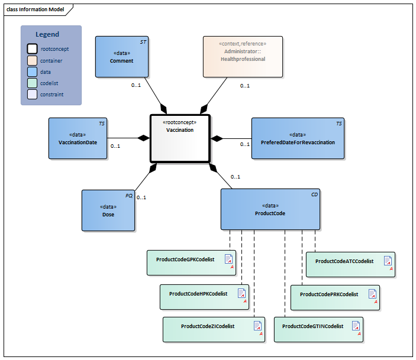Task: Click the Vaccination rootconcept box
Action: click(x=180, y=138)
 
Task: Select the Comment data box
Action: click(x=122, y=56)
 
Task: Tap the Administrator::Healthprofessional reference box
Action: click(x=243, y=56)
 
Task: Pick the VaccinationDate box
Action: click(x=78, y=138)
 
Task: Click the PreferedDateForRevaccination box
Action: click(x=297, y=138)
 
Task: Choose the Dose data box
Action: click(x=108, y=210)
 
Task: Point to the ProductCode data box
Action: click(x=270, y=209)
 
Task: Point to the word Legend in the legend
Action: click(x=47, y=34)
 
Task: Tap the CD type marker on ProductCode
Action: click(x=314, y=194)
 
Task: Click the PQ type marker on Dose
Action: click(x=129, y=194)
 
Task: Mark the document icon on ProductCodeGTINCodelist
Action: click(x=356, y=326)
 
